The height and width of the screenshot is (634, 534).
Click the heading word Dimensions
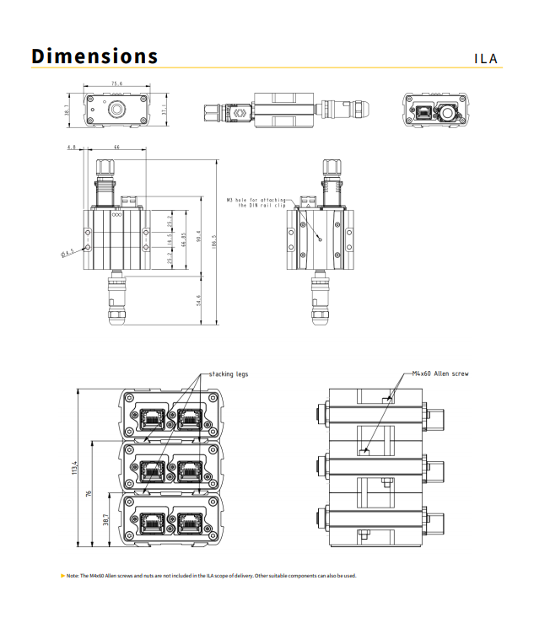(94, 56)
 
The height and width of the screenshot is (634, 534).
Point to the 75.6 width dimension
(116, 84)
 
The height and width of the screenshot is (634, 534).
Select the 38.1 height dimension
(67, 110)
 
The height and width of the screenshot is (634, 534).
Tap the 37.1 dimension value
(165, 110)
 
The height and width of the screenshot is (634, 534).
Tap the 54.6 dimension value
(198, 298)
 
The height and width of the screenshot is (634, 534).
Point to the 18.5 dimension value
(170, 241)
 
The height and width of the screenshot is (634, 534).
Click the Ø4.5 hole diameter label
(67, 250)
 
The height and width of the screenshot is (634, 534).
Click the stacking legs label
(229, 373)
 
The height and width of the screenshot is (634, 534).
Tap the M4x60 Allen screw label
(440, 373)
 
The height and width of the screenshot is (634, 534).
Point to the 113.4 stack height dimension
(75, 468)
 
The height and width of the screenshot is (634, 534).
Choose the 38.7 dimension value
(105, 521)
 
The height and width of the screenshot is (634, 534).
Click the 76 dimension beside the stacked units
(90, 495)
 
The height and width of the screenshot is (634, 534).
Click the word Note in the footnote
(73, 576)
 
